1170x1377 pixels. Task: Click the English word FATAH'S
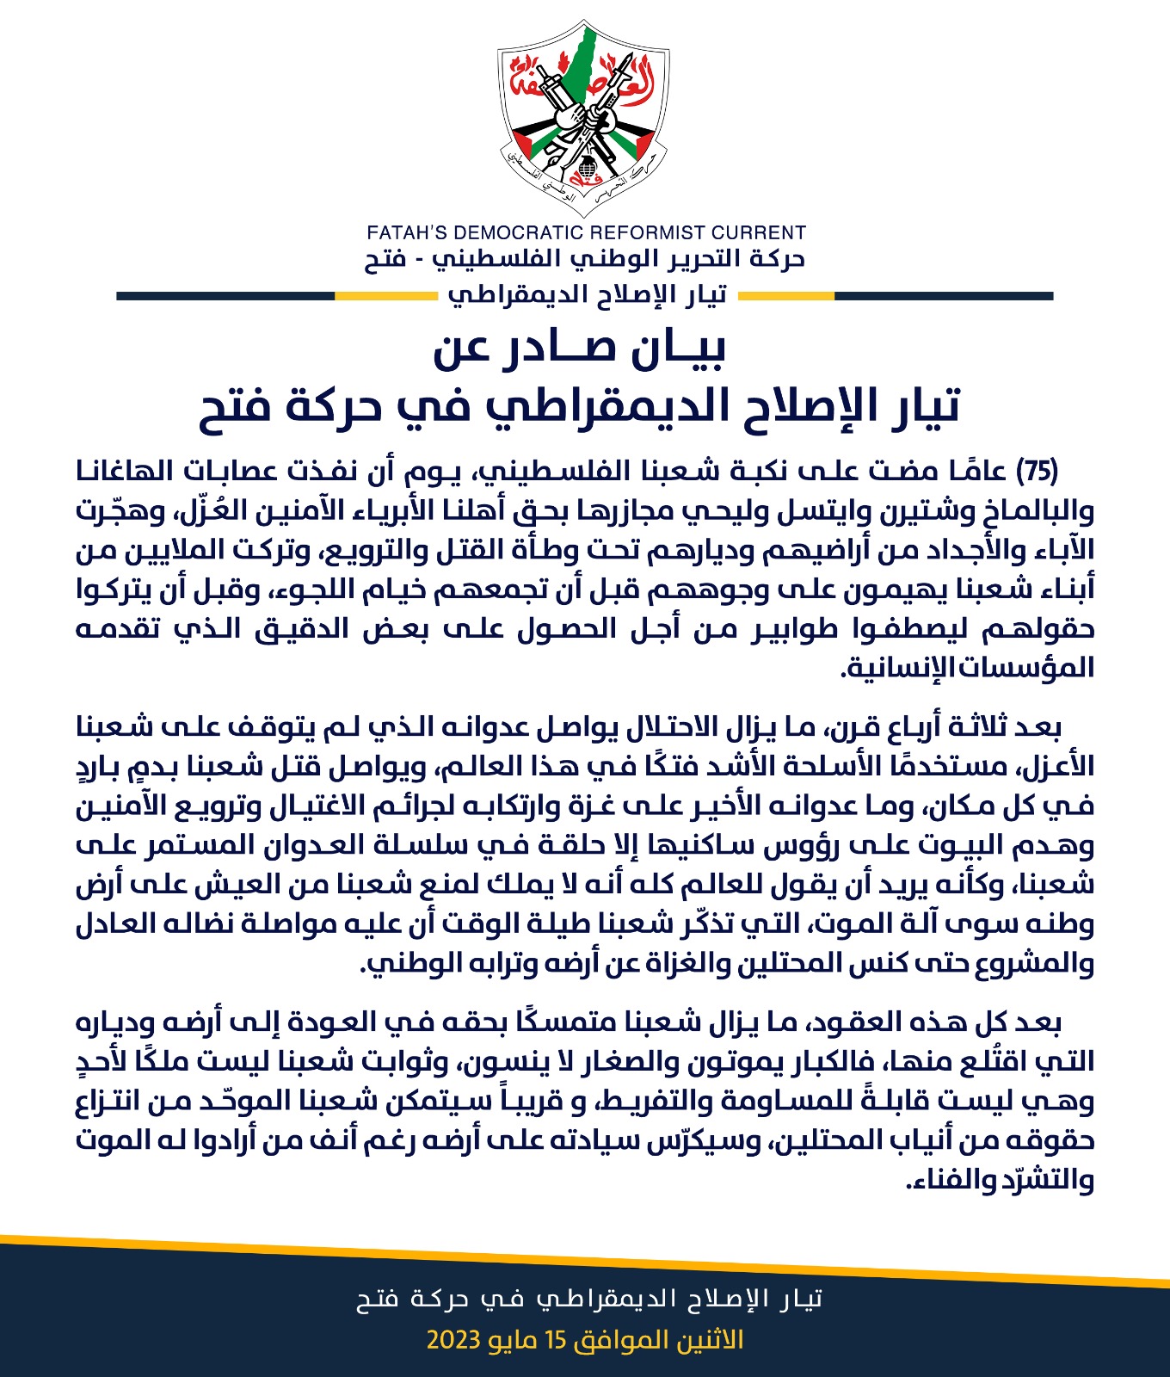coord(406,232)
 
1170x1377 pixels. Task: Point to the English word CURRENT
coord(760,232)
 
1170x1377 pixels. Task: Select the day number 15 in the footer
coord(583,1340)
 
